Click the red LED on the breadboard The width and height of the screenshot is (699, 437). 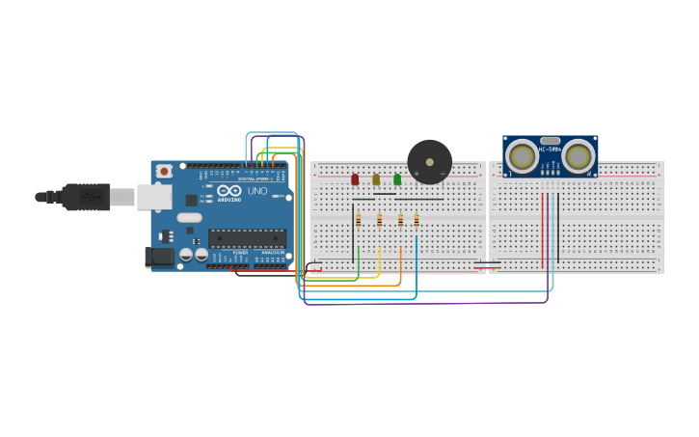coord(355,179)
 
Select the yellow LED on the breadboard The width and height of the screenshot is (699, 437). coord(376,179)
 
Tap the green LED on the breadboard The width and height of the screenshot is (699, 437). coord(397,179)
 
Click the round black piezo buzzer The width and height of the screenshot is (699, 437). coord(429,161)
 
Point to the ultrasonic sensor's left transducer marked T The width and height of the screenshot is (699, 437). coord(523,156)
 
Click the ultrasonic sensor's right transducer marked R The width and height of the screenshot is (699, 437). coord(578,156)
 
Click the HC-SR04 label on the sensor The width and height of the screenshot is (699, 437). coord(551,150)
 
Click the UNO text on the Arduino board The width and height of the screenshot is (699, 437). coord(257,191)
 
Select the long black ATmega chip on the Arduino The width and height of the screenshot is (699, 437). coord(247,237)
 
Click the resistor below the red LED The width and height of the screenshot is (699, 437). coord(359,220)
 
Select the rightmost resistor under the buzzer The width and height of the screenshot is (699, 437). coord(417,220)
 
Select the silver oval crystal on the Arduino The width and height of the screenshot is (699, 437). coord(189,217)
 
